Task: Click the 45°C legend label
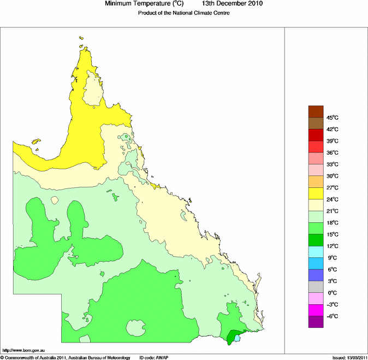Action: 333,118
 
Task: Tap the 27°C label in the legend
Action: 333,187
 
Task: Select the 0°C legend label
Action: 332,293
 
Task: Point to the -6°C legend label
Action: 333,316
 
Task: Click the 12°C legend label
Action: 333,246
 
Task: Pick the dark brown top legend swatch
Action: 316,111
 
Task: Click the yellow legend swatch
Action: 316,193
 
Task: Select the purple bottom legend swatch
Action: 316,322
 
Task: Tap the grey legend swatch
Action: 316,287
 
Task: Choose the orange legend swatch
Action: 316,181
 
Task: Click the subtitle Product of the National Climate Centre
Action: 183,13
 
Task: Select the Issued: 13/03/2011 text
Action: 349,357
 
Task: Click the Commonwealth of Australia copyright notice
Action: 66,357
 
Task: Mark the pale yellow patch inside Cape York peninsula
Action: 96,87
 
